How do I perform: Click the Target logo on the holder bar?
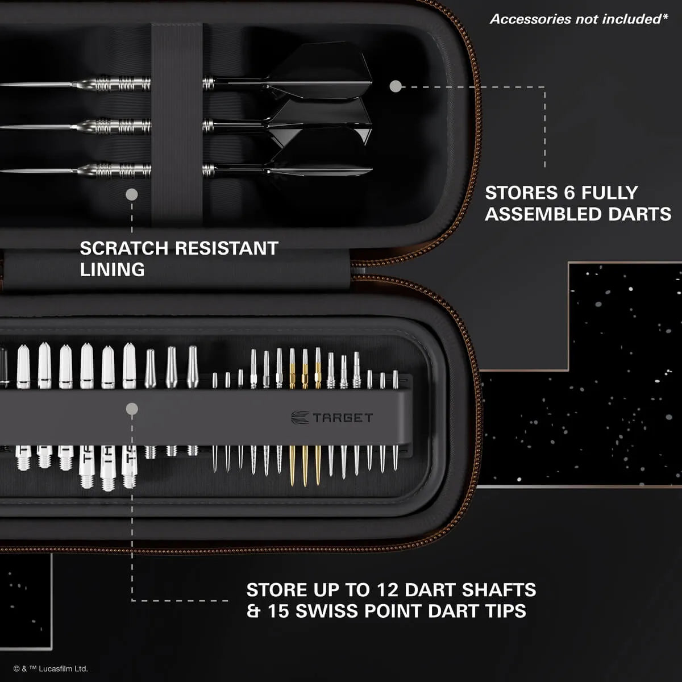tap(332, 418)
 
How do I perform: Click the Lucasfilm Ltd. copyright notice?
tap(51, 669)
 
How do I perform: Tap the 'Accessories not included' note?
tap(579, 19)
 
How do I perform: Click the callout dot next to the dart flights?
tap(396, 86)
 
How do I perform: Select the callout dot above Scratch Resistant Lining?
tap(132, 195)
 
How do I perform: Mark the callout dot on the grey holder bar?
tap(132, 409)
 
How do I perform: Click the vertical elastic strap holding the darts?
tap(176, 125)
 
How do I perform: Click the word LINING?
tap(112, 270)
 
